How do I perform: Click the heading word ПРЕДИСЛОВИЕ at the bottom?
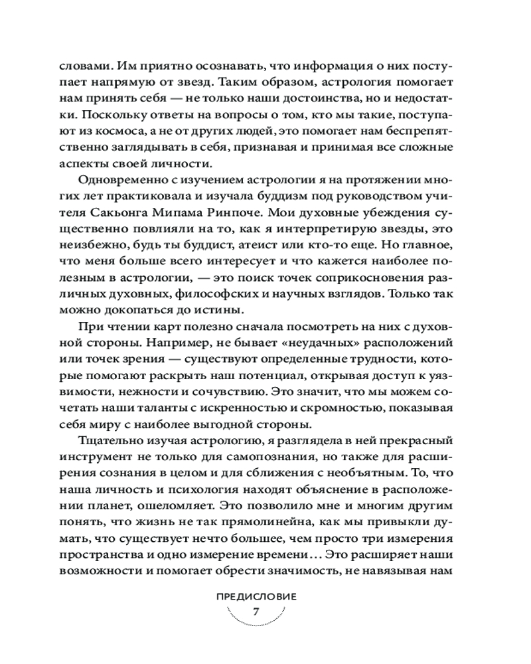pos(256,596)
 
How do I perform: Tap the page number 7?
pos(256,612)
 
